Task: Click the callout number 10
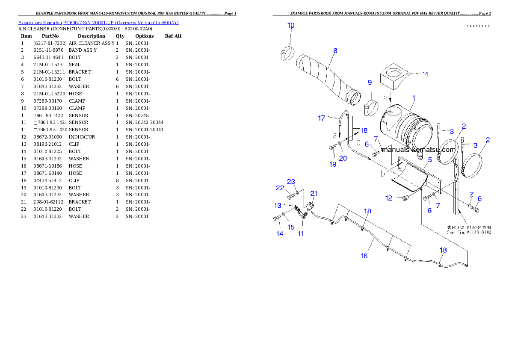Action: pyautogui.click(x=290, y=25)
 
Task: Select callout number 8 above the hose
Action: pyautogui.click(x=335, y=50)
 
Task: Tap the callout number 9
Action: pyautogui.click(x=370, y=82)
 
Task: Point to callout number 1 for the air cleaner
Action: pyautogui.click(x=413, y=97)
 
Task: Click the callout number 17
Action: pyautogui.click(x=322, y=118)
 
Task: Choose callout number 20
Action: pyautogui.click(x=343, y=158)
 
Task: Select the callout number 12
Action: pyautogui.click(x=389, y=198)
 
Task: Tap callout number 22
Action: pyautogui.click(x=280, y=188)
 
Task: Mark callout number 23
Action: pyautogui.click(x=291, y=181)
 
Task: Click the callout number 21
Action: pyautogui.click(x=314, y=193)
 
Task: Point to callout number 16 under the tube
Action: pyautogui.click(x=364, y=256)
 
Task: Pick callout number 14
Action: pyautogui.click(x=280, y=233)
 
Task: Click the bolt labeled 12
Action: pyautogui.click(x=404, y=197)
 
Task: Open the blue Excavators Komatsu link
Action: pyautogui.click(x=98, y=23)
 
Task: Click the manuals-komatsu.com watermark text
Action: pyautogui.click(x=418, y=150)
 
